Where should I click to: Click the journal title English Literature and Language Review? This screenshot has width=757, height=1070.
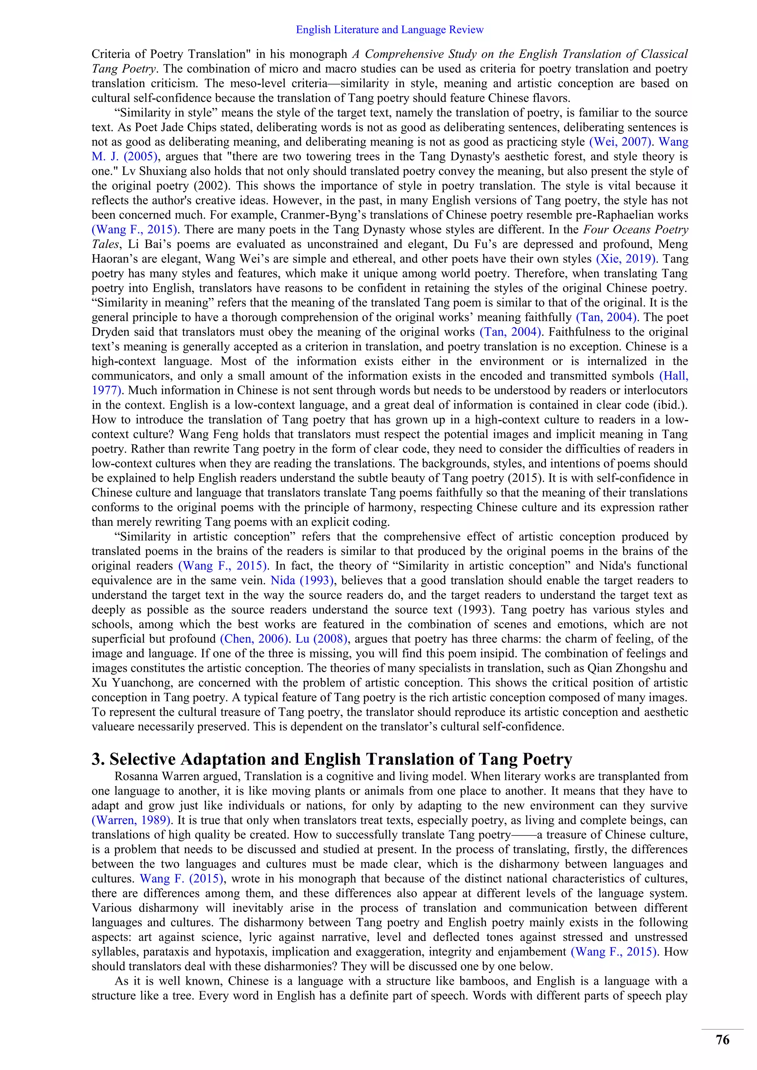tap(390, 30)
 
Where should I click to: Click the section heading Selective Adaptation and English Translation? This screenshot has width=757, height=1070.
tap(332, 759)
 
